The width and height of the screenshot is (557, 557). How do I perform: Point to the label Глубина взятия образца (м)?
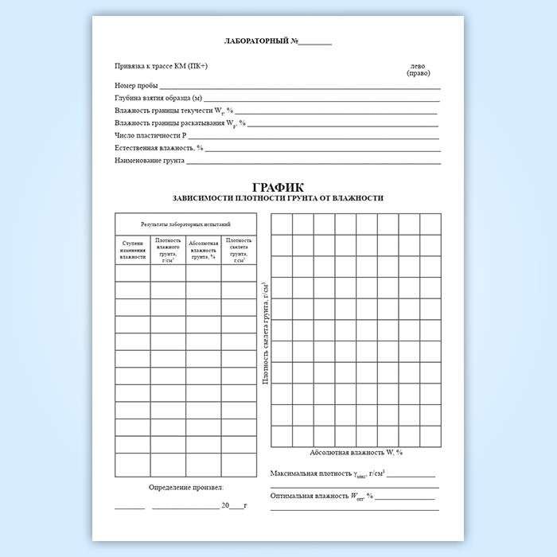click(158, 98)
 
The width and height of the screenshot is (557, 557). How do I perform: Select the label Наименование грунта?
click(150, 161)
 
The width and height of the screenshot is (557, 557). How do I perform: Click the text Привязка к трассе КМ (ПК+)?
click(161, 66)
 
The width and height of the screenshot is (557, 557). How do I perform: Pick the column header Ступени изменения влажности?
click(133, 249)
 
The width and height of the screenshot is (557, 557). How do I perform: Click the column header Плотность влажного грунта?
click(168, 249)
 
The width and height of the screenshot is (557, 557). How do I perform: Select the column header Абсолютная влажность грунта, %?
click(204, 249)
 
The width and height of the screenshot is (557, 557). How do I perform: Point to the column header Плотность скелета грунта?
click(239, 249)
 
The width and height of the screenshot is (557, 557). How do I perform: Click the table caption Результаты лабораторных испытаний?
click(185, 224)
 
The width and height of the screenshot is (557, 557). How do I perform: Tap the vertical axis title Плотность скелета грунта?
click(265, 335)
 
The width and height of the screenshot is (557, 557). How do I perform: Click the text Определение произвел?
click(186, 487)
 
